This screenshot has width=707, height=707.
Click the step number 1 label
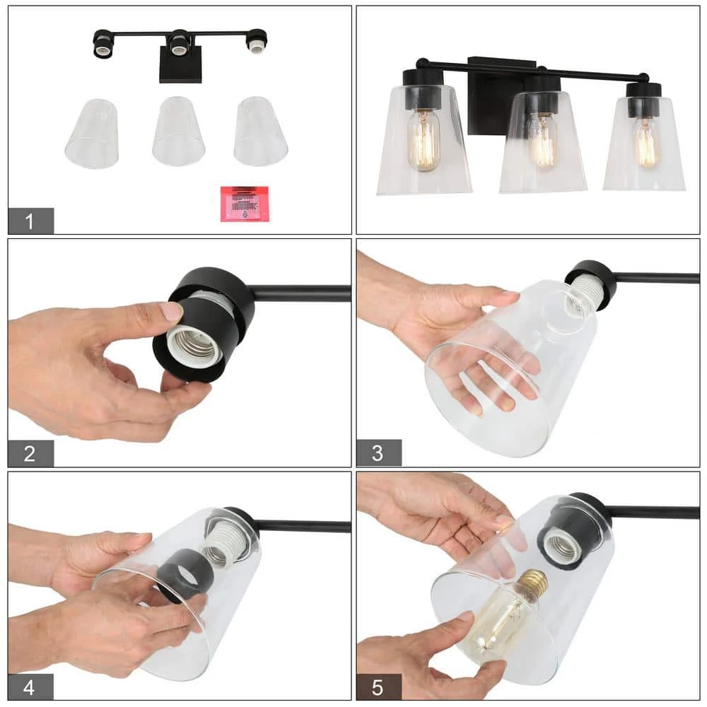(30, 221)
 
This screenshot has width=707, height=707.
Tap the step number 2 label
(30, 453)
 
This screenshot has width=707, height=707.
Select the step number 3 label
(378, 453)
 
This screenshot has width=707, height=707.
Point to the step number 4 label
(30, 686)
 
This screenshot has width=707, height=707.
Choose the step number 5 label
(378, 686)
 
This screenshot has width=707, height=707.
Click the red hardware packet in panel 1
(245, 204)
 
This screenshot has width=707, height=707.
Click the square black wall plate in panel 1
(180, 67)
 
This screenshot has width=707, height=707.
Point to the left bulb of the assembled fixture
(424, 139)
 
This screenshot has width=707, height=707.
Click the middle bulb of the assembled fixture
(542, 141)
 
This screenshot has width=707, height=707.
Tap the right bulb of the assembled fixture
(645, 142)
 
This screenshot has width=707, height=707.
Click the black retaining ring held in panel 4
(185, 575)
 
